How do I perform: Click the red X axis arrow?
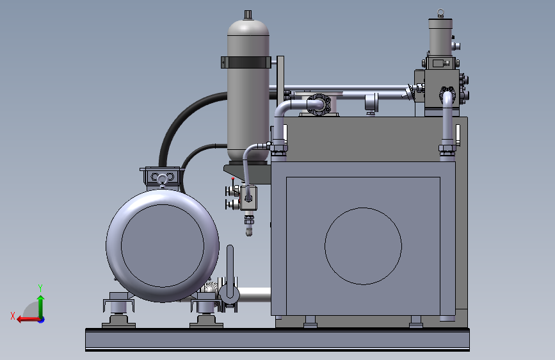coord(28,320)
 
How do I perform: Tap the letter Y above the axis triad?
coord(40,288)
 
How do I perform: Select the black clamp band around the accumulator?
coord(246,62)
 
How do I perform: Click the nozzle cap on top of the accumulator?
coord(248,15)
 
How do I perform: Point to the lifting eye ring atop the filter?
coord(440,13)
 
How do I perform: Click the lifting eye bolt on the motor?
coord(162,181)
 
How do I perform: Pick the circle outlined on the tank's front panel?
coord(363,246)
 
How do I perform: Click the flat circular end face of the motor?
coord(163,246)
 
